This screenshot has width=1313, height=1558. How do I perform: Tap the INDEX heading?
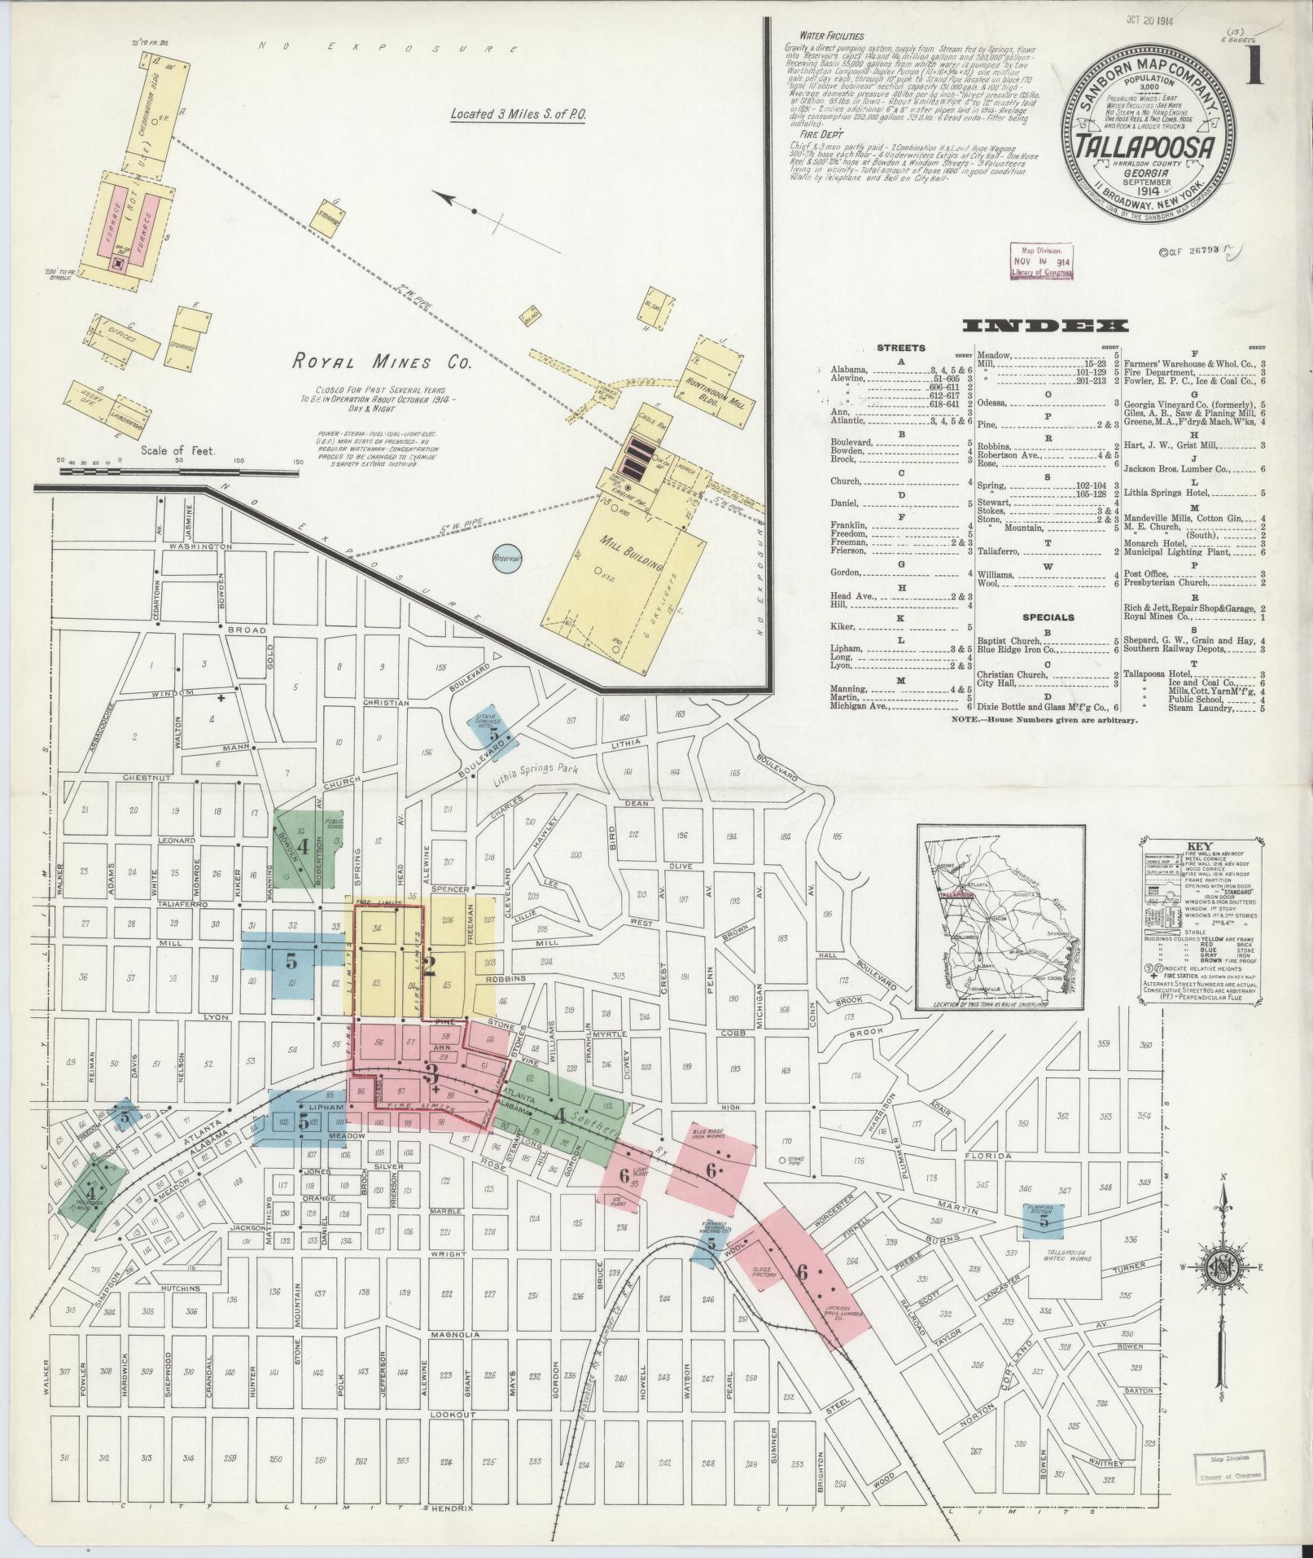(1045, 326)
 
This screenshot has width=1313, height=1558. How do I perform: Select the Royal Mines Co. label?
(383, 362)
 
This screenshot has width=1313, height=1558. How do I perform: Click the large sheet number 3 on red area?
(431, 1073)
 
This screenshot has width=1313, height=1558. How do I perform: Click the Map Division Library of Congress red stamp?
(1041, 261)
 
